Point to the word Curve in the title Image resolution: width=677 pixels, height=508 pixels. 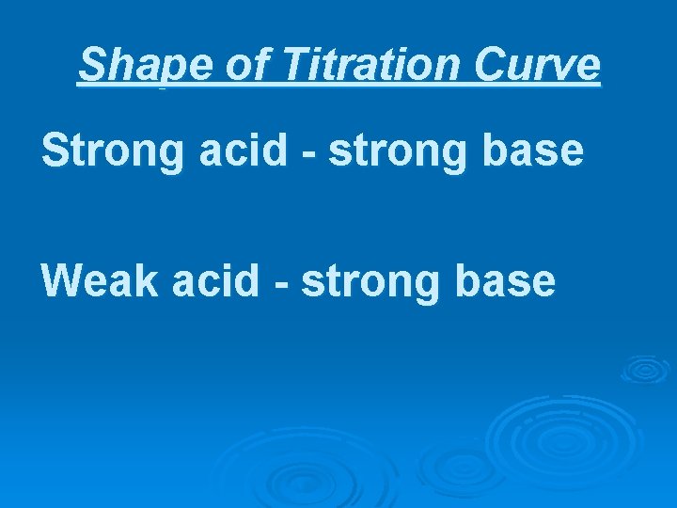pyautogui.click(x=537, y=65)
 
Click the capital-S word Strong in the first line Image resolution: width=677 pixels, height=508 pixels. pyautogui.click(x=115, y=151)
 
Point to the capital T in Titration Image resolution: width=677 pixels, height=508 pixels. pyautogui.click(x=293, y=65)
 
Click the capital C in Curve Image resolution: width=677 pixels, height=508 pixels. pyautogui.click(x=492, y=65)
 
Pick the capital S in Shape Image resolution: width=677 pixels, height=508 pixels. pyautogui.click(x=92, y=65)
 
